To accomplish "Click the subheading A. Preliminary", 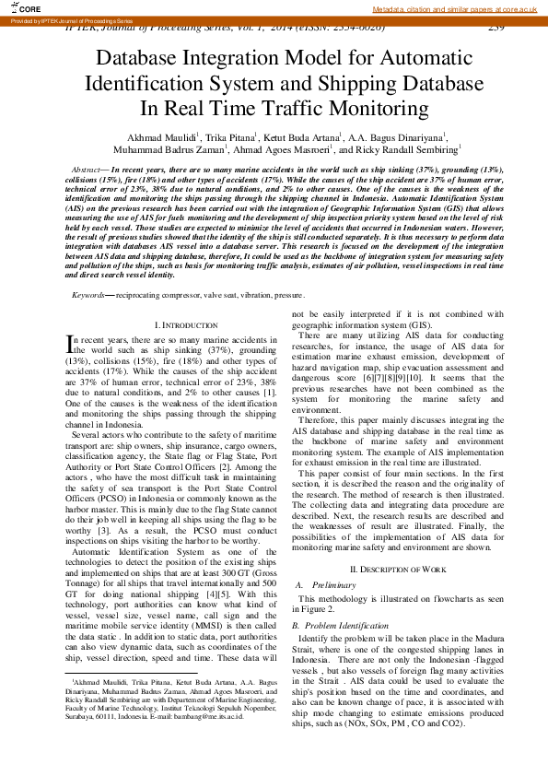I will click(329, 584).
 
